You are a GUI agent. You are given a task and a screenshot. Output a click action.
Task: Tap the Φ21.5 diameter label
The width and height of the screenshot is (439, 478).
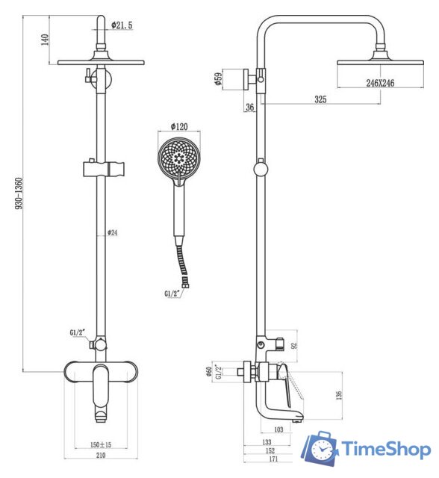[122, 25]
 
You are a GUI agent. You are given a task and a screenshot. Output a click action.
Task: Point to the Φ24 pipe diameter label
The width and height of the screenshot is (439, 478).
[113, 233]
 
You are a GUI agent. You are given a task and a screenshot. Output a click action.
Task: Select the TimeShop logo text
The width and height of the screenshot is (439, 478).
[385, 449]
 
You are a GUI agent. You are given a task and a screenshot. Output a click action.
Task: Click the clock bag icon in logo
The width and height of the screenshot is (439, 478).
[320, 448]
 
